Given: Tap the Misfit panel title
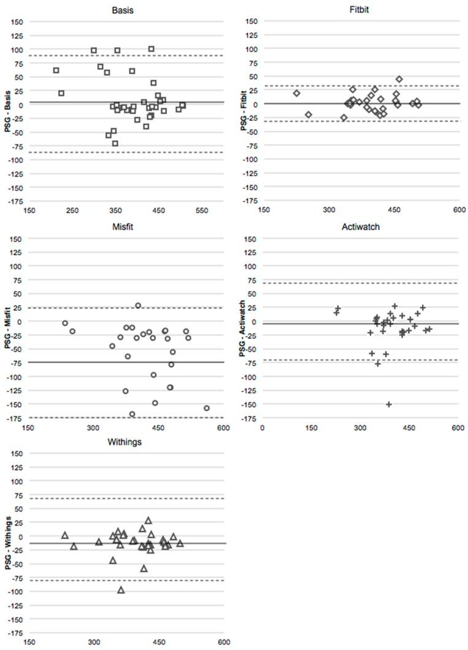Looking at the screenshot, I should click(x=123, y=226).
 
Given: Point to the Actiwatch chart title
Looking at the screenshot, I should click(x=359, y=226).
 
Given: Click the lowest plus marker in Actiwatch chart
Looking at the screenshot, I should click(x=388, y=404).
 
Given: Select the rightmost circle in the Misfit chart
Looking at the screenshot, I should click(x=207, y=408).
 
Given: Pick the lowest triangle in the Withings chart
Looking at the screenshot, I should click(x=121, y=590).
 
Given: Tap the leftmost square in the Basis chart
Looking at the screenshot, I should click(x=56, y=71).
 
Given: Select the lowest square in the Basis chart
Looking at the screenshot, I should click(x=115, y=144).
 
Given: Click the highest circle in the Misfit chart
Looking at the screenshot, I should click(x=138, y=306).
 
